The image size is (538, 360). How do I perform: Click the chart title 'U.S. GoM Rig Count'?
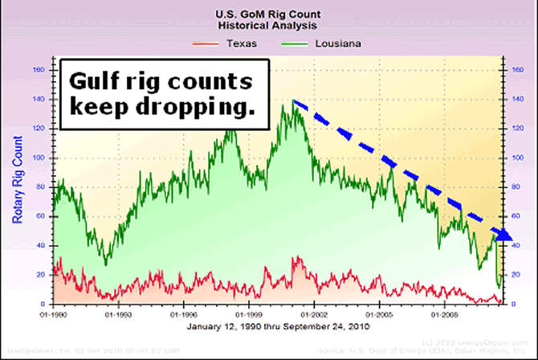point(269,14)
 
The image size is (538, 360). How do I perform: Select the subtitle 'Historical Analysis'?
point(269,26)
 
